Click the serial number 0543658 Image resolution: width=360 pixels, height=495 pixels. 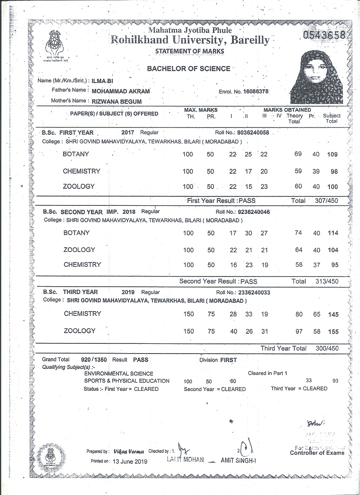(324, 35)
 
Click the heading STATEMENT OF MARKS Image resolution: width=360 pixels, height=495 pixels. (190, 51)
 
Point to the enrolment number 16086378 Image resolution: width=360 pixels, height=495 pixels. (256, 91)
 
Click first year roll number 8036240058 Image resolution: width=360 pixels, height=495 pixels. (253, 133)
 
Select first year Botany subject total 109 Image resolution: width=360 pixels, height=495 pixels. (332, 155)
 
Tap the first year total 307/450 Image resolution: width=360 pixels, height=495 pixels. (327, 201)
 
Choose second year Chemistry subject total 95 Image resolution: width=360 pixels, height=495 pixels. (334, 265)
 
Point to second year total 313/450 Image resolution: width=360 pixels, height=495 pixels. (327, 281)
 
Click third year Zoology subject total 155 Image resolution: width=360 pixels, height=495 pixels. (333, 332)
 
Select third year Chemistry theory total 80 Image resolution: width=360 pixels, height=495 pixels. (299, 314)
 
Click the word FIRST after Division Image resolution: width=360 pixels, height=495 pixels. (228, 360)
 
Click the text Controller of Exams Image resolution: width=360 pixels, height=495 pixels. (317, 453)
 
